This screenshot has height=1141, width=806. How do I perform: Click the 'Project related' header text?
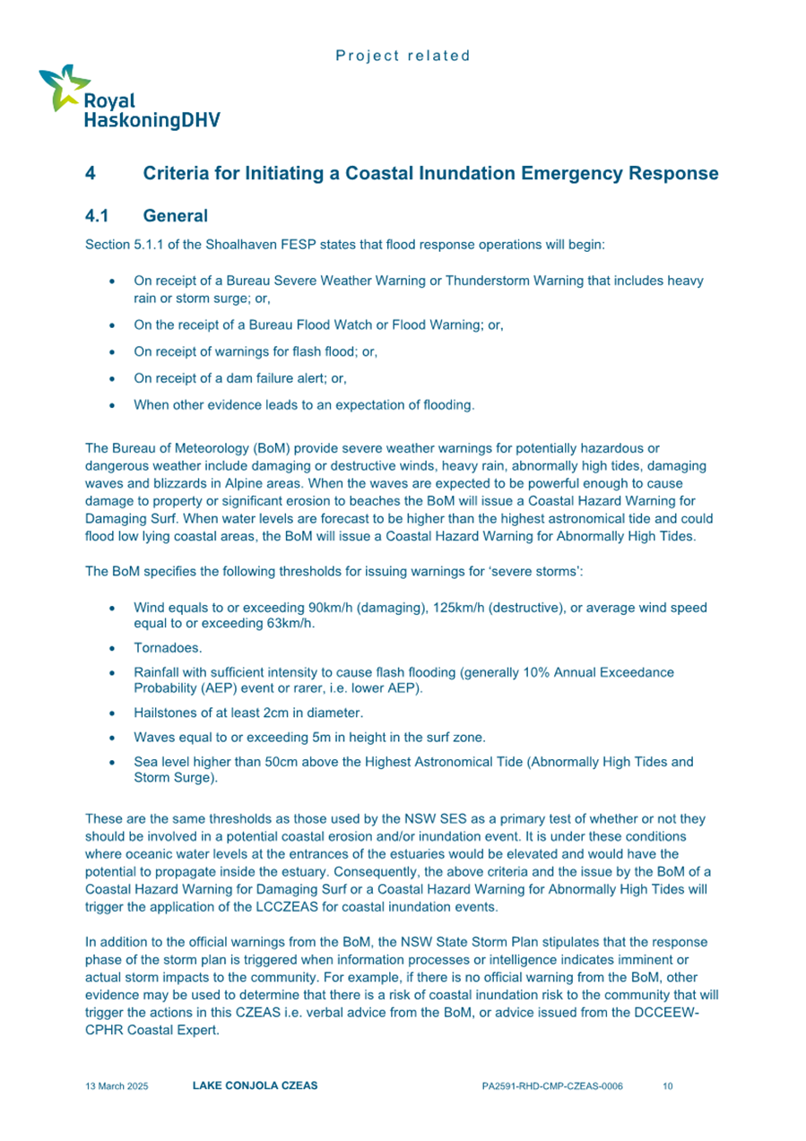click(403, 56)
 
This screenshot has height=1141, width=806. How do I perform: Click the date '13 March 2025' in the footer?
click(117, 1086)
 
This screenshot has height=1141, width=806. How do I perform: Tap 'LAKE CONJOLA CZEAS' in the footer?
click(255, 1086)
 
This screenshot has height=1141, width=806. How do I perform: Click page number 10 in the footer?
click(667, 1086)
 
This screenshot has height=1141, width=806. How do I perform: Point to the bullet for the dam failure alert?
click(110, 379)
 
